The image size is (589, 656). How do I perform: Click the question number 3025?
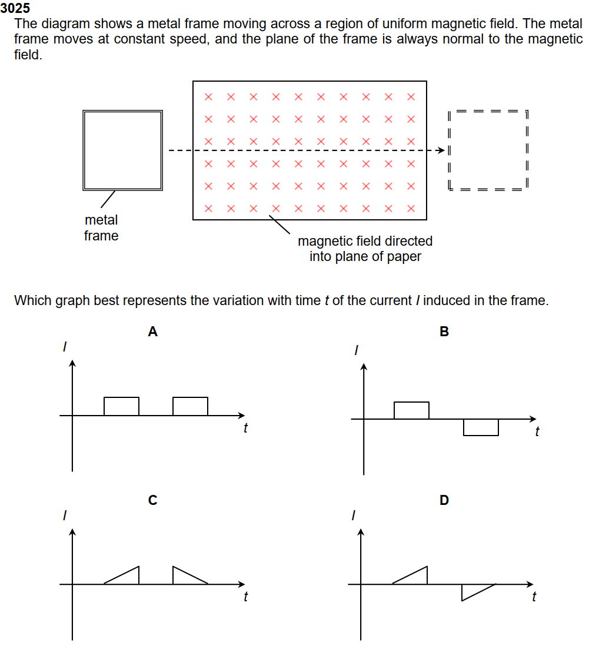pos(15,9)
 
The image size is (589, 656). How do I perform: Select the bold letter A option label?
pos(152,332)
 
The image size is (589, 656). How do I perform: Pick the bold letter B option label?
pos(444,332)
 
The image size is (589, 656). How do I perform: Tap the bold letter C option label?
pos(152,501)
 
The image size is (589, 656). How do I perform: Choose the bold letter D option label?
pos(444,501)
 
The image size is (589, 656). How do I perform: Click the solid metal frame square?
pos(122,150)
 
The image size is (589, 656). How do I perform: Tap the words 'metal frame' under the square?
pos(101,228)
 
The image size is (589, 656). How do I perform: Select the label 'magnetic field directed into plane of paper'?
pos(365,249)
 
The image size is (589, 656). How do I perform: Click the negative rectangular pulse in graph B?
pos(481,427)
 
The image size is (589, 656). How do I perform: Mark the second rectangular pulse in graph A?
pos(190,407)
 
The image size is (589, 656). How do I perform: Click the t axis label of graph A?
pos(245,429)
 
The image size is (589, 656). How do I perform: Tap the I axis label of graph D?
pos(353,516)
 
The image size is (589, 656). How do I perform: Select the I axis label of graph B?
pos(355,351)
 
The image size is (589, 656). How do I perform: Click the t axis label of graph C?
pos(245,597)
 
